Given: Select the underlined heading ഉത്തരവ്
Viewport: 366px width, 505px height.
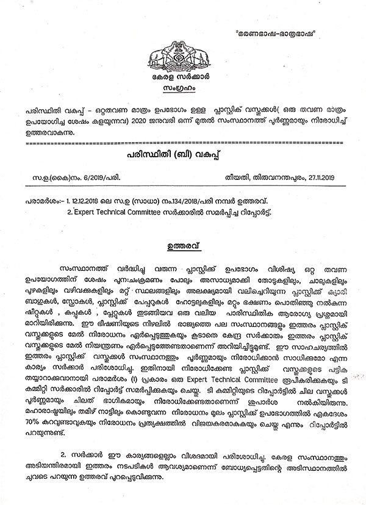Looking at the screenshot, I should point(184,248).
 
